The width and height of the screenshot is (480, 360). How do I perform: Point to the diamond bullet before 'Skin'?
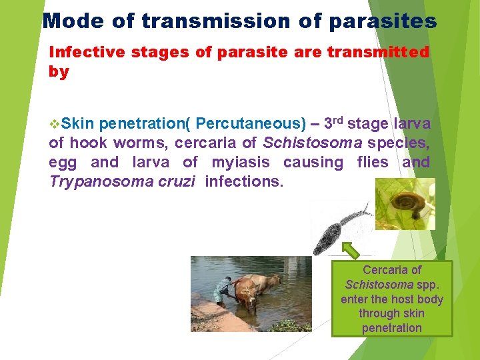click(x=55, y=124)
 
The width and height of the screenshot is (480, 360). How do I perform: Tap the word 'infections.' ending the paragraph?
click(x=244, y=181)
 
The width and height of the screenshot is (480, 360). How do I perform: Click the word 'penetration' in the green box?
click(x=391, y=328)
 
